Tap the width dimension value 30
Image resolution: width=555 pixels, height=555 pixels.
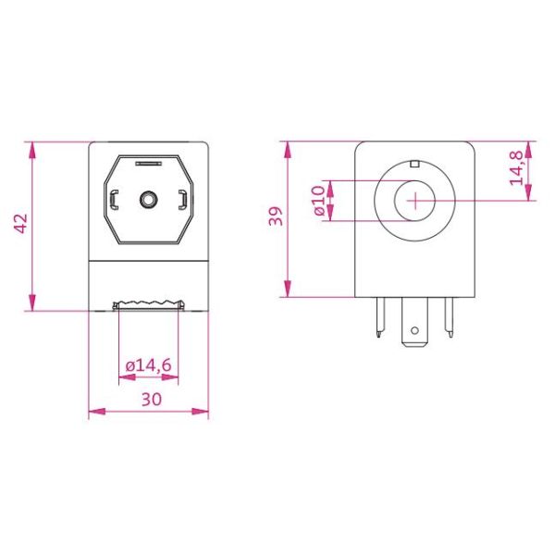(x=150, y=400)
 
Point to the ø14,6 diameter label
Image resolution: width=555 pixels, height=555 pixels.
(x=148, y=366)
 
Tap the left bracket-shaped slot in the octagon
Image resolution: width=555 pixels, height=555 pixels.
(x=114, y=198)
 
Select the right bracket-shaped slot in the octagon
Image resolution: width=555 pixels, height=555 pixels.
(x=182, y=198)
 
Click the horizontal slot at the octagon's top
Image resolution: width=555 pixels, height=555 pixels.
(x=148, y=164)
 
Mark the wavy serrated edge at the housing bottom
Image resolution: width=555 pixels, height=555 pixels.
(x=148, y=304)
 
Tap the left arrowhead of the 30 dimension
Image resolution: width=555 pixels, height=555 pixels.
(x=93, y=412)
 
